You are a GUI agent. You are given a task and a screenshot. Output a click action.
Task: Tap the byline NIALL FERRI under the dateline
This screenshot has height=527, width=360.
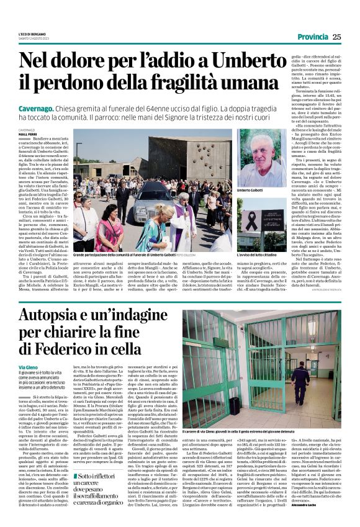(28, 134)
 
